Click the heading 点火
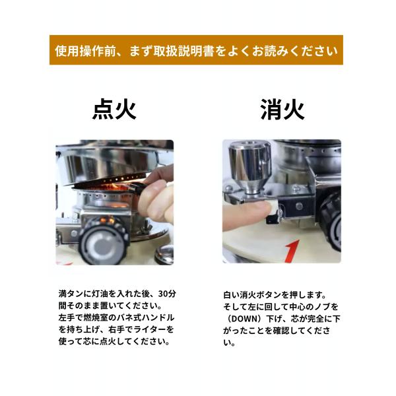pos(114,110)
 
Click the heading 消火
pos(282,110)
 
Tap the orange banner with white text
pos(196,50)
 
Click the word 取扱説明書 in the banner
pos(184,51)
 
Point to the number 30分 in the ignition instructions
pos(167,294)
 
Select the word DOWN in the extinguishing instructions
pos(244,319)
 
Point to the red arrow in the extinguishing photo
pos(292,251)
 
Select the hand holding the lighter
pos(156,196)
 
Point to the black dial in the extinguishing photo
pos(331,222)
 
